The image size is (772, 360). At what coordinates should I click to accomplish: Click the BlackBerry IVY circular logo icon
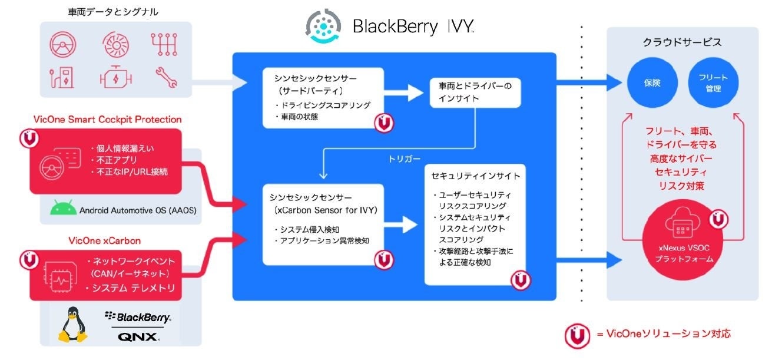coord(324,26)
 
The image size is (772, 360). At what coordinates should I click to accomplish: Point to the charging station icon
coord(61,77)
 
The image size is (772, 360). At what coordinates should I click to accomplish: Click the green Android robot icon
coord(62,209)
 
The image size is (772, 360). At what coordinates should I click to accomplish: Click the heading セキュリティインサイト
coord(468,176)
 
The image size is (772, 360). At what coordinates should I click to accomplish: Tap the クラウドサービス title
coord(683,42)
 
